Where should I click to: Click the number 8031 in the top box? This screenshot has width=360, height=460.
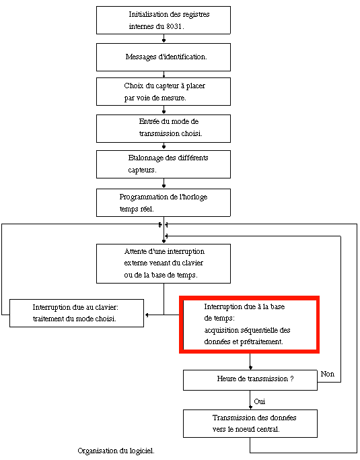pyautogui.click(x=174, y=26)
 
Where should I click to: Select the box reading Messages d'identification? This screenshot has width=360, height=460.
pyautogui.click(x=164, y=57)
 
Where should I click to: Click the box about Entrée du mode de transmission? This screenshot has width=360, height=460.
pyautogui.click(x=164, y=129)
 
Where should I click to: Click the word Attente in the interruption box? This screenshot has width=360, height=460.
pyautogui.click(x=135, y=251)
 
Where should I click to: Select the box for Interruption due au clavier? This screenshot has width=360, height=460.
pyautogui.click(x=77, y=313)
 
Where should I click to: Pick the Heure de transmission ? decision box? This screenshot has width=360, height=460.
pyautogui.click(x=250, y=381)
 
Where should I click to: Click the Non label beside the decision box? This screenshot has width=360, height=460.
pyautogui.click(x=327, y=374)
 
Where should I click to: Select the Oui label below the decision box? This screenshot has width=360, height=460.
pyautogui.click(x=260, y=401)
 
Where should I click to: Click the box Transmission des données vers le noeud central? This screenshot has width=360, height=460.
pyautogui.click(x=250, y=424)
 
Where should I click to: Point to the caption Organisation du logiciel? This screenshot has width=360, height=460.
pyautogui.click(x=116, y=451)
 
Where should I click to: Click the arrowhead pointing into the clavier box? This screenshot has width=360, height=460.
pyautogui.click(x=147, y=315)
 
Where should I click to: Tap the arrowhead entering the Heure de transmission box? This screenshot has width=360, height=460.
pyautogui.click(x=250, y=368)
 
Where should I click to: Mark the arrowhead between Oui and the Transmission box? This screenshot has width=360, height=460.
pyautogui.click(x=250, y=407)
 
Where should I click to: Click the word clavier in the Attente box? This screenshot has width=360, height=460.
pyautogui.click(x=193, y=263)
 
